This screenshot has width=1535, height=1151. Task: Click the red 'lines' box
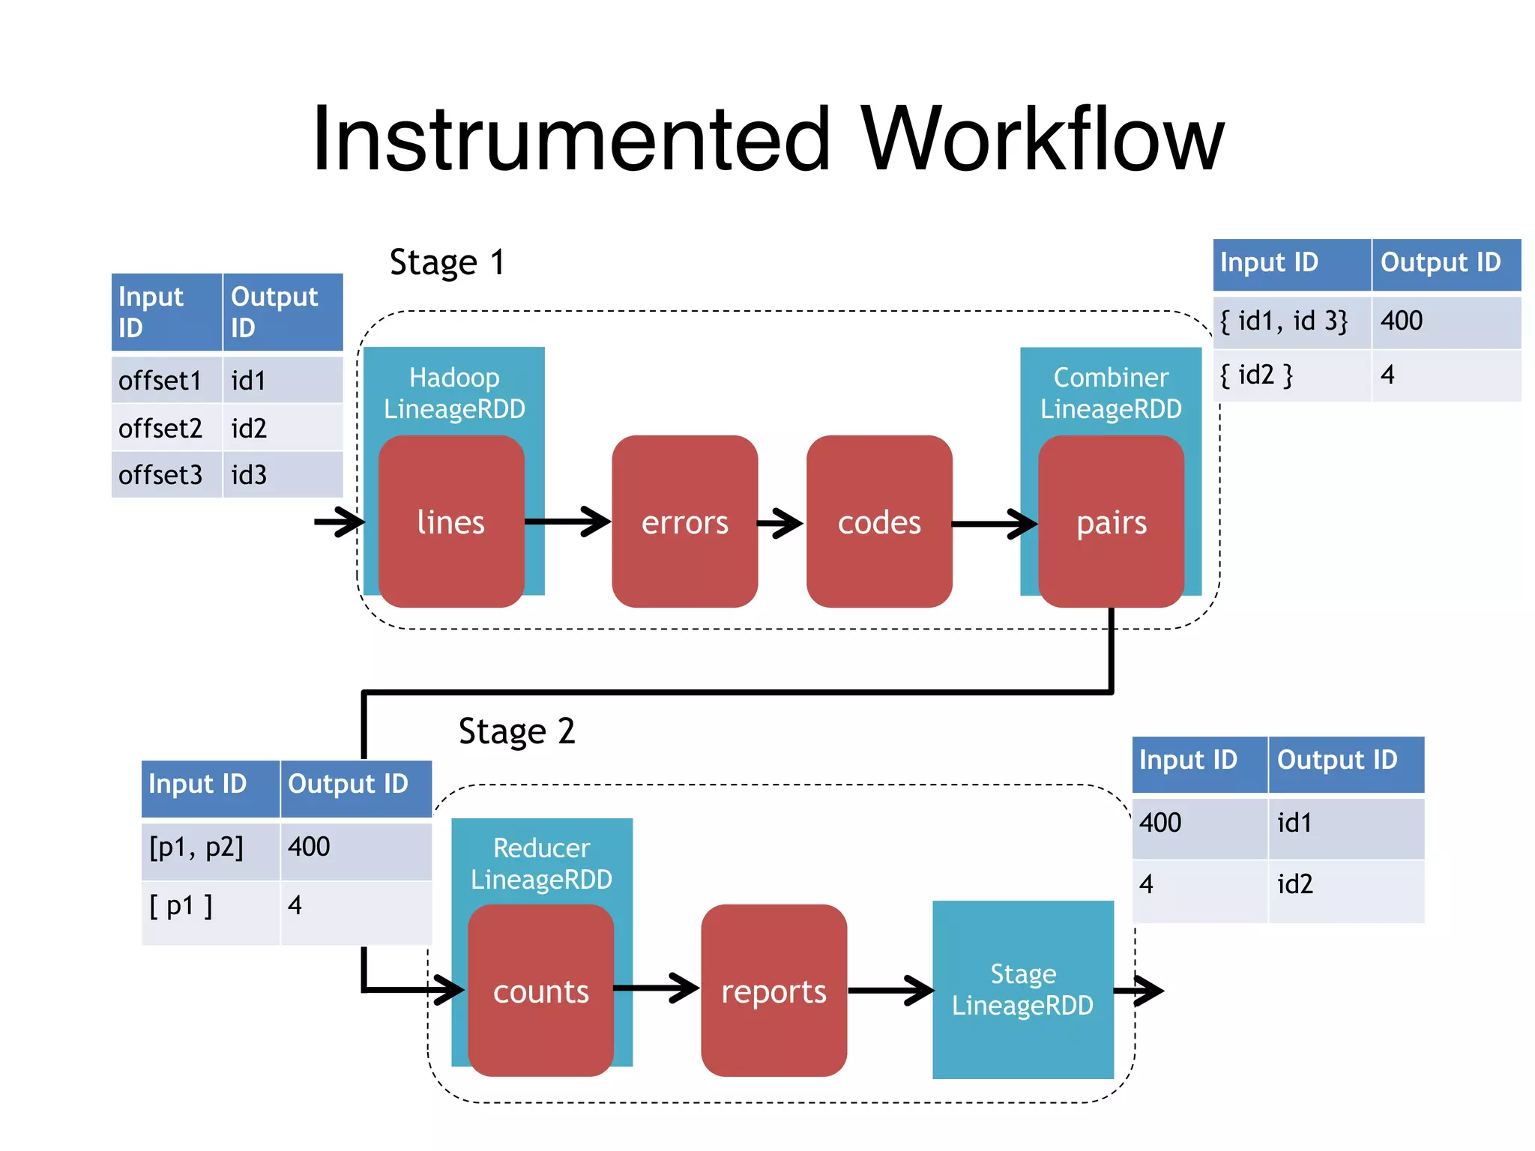[451, 522]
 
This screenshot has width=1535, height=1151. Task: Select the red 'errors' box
[684, 522]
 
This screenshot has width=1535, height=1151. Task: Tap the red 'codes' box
[879, 522]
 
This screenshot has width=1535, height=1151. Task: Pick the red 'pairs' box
[1111, 522]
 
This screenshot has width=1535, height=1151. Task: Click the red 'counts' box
[540, 991]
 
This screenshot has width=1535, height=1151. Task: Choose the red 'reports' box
[773, 991]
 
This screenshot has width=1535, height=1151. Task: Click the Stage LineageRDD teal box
[1022, 989]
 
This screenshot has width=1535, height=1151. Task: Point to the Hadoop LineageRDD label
[454, 393]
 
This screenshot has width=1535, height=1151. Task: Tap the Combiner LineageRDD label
[1111, 393]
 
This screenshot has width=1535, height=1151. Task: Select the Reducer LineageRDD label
[541, 863]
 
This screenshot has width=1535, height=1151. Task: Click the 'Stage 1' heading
[447, 262]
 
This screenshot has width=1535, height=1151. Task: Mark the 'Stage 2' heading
[516, 731]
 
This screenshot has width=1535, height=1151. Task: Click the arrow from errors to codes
[781, 523]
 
